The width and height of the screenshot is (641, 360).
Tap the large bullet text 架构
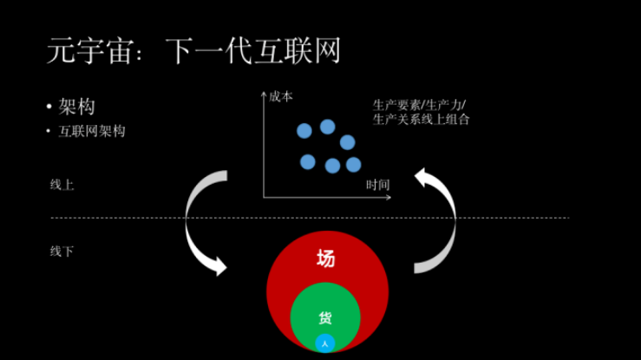tap(76, 107)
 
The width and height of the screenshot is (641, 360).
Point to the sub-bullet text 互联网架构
tap(92, 131)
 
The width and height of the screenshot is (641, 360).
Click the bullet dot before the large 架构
tap(49, 107)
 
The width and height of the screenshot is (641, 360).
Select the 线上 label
tap(62, 185)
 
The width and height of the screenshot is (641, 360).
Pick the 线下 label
tap(62, 252)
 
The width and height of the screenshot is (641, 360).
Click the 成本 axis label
tap(281, 97)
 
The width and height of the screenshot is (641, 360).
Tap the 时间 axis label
tap(377, 185)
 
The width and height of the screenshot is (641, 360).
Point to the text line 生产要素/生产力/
tap(419, 106)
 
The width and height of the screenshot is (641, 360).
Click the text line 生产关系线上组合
tap(421, 120)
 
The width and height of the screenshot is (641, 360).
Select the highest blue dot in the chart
tap(328, 127)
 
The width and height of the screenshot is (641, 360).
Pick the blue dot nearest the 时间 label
tap(354, 165)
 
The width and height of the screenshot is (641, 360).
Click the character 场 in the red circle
tap(326, 259)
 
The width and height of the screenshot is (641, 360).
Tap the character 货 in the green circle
tap(325, 317)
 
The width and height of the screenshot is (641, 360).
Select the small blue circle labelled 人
tap(325, 344)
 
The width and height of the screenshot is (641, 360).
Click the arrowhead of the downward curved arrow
tap(220, 267)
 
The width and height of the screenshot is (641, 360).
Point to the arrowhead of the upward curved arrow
tap(422, 177)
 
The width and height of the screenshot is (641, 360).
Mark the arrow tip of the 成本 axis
tap(264, 92)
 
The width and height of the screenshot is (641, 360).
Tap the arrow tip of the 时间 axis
tap(390, 198)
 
